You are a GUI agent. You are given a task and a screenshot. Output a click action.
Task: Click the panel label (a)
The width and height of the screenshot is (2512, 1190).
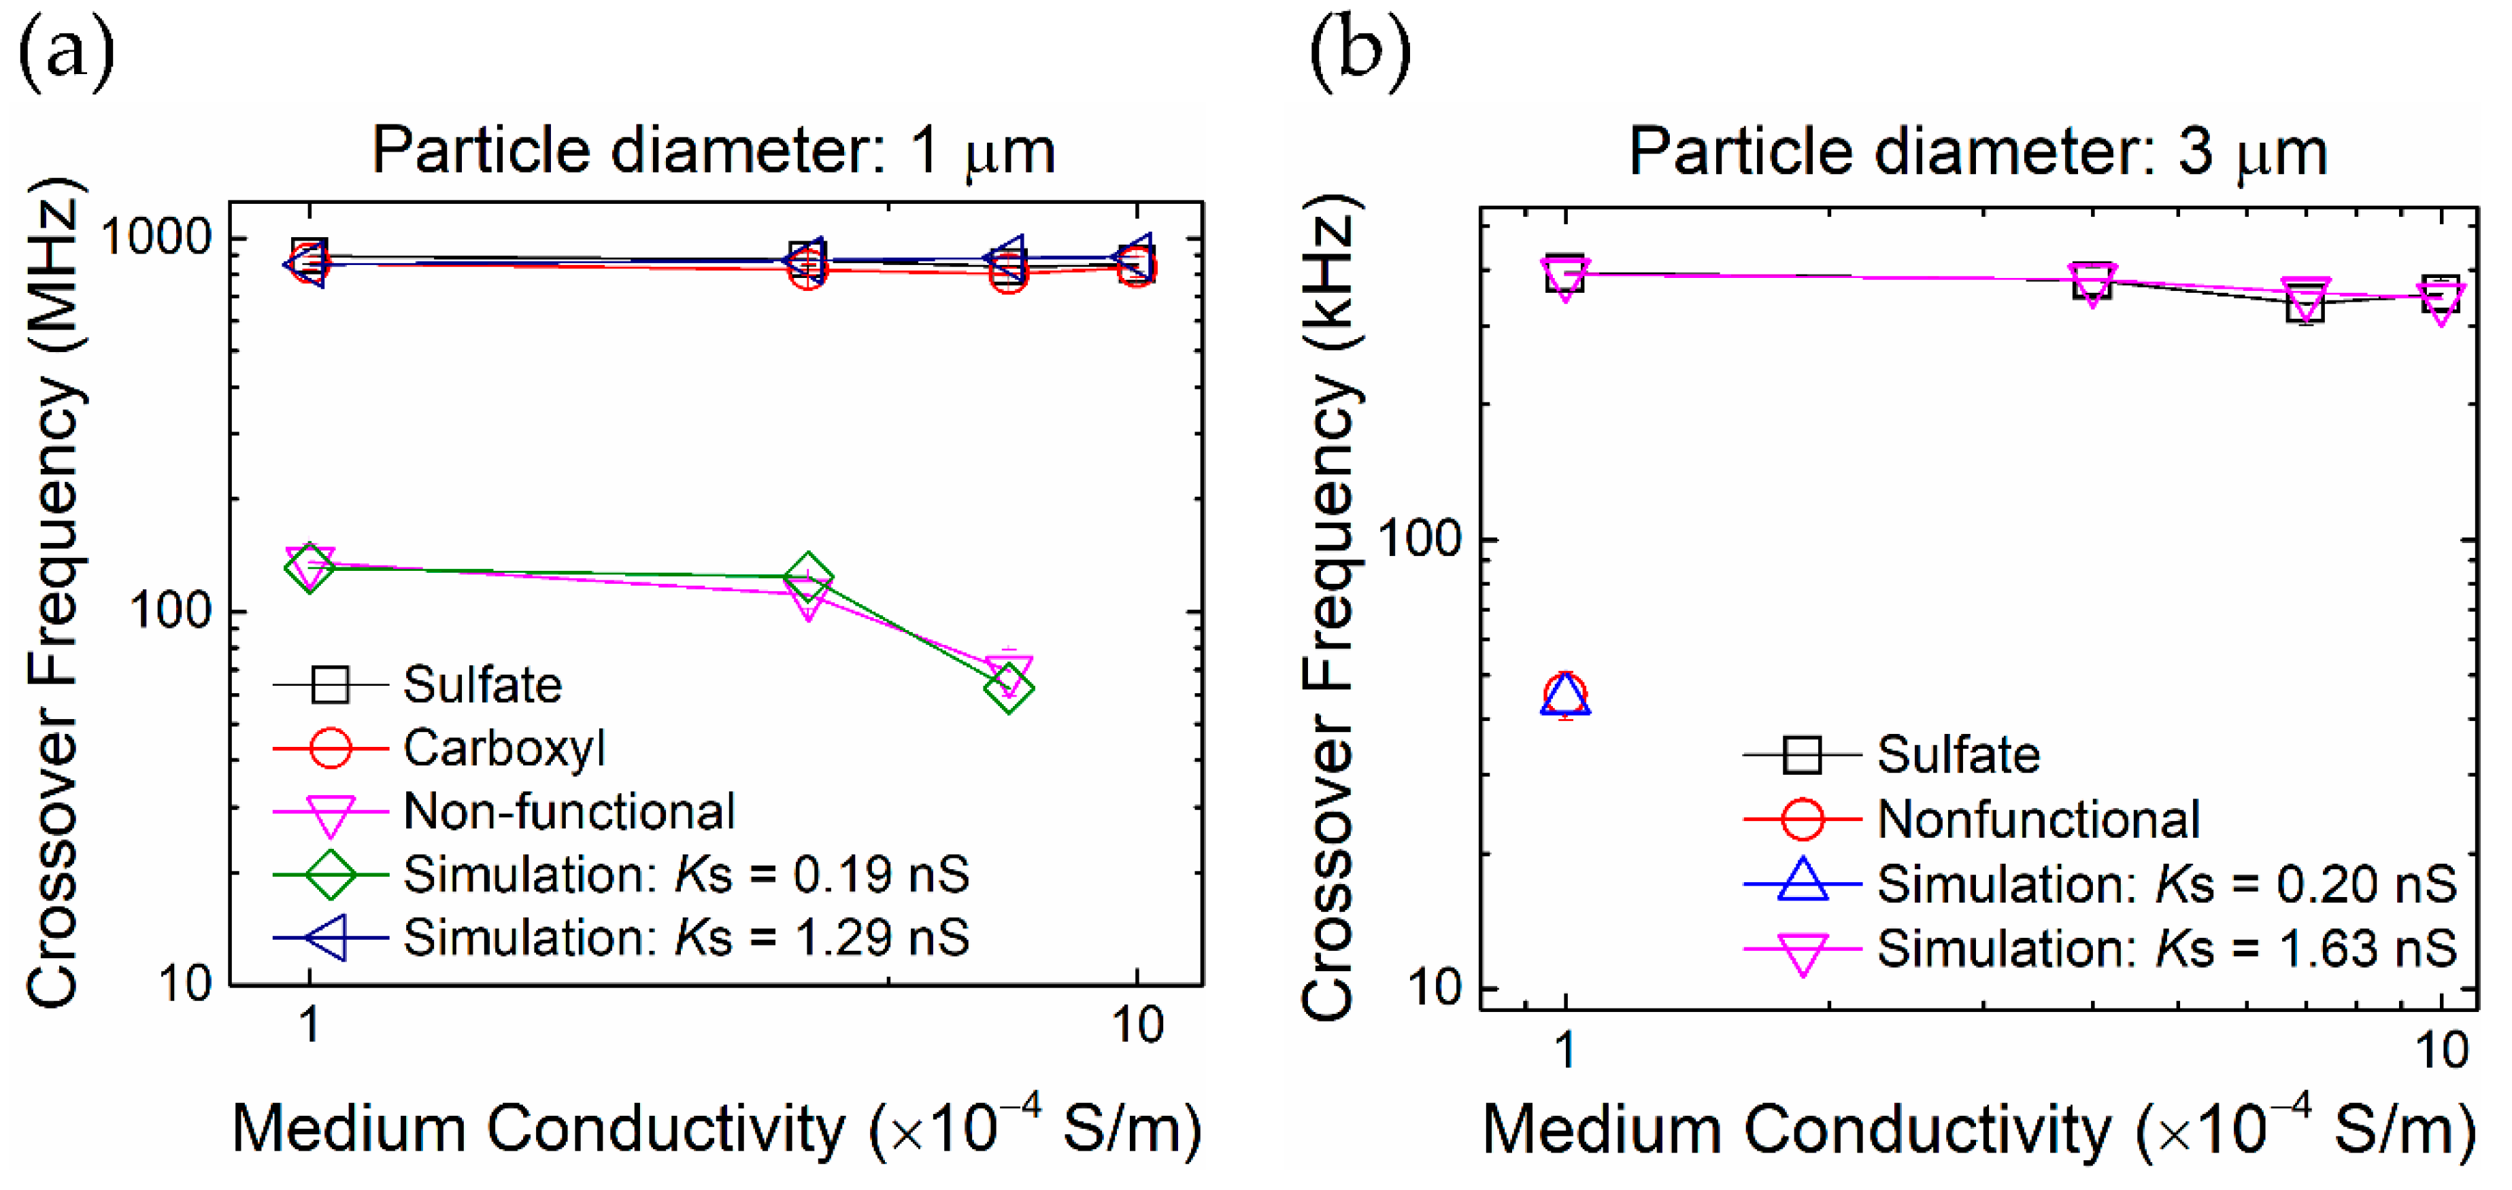[x=66, y=51]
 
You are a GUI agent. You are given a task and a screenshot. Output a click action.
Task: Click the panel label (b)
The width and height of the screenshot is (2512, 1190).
[x=1359, y=51]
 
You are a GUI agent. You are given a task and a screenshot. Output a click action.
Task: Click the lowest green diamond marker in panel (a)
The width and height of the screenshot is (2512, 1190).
[x=1009, y=689]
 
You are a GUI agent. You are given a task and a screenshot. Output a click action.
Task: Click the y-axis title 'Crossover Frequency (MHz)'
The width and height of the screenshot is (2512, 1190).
[x=54, y=595]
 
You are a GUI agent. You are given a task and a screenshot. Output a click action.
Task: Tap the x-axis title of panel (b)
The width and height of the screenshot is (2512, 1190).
[x=1977, y=1131]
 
